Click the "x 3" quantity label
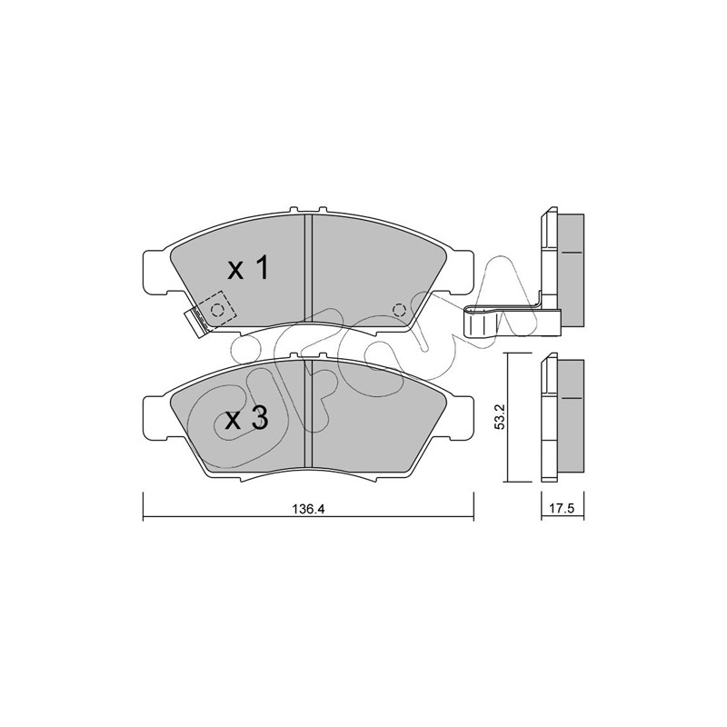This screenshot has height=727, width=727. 246,419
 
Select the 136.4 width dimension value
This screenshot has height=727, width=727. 308,509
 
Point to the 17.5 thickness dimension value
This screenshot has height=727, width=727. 563,509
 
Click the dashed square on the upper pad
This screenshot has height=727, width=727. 215,310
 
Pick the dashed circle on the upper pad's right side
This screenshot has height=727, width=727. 399,310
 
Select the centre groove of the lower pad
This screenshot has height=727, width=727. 308,413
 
